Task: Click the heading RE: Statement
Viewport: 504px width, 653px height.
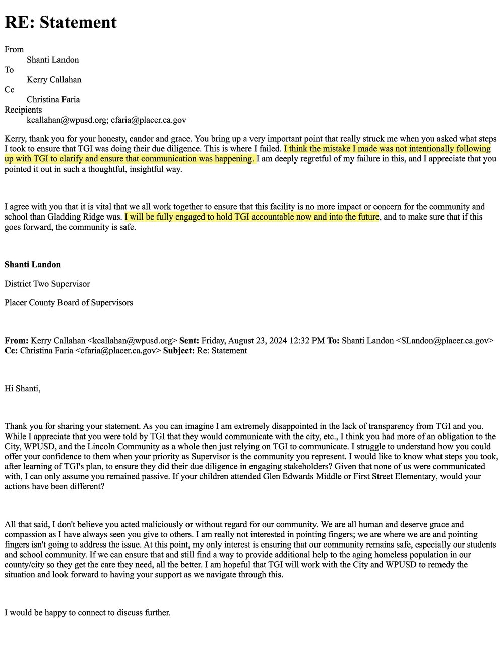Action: pyautogui.click(x=60, y=22)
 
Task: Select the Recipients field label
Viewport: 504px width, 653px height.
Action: pyautogui.click(x=23, y=110)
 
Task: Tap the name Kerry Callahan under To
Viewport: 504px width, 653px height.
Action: pyautogui.click(x=54, y=80)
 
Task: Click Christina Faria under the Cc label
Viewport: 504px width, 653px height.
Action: pyautogui.click(x=53, y=99)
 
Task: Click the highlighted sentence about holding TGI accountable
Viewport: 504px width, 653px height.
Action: pyautogui.click(x=251, y=217)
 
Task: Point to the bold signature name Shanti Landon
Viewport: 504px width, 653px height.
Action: pyautogui.click(x=33, y=264)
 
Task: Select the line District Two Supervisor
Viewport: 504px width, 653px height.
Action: pyautogui.click(x=47, y=284)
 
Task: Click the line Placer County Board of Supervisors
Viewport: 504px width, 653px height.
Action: pyautogui.click(x=69, y=303)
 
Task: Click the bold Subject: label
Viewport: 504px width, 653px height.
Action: pyautogui.click(x=179, y=350)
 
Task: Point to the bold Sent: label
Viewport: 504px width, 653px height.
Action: pyautogui.click(x=189, y=341)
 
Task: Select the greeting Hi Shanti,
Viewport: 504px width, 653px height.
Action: pyautogui.click(x=23, y=388)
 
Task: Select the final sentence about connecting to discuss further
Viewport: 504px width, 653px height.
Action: pyautogui.click(x=88, y=613)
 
